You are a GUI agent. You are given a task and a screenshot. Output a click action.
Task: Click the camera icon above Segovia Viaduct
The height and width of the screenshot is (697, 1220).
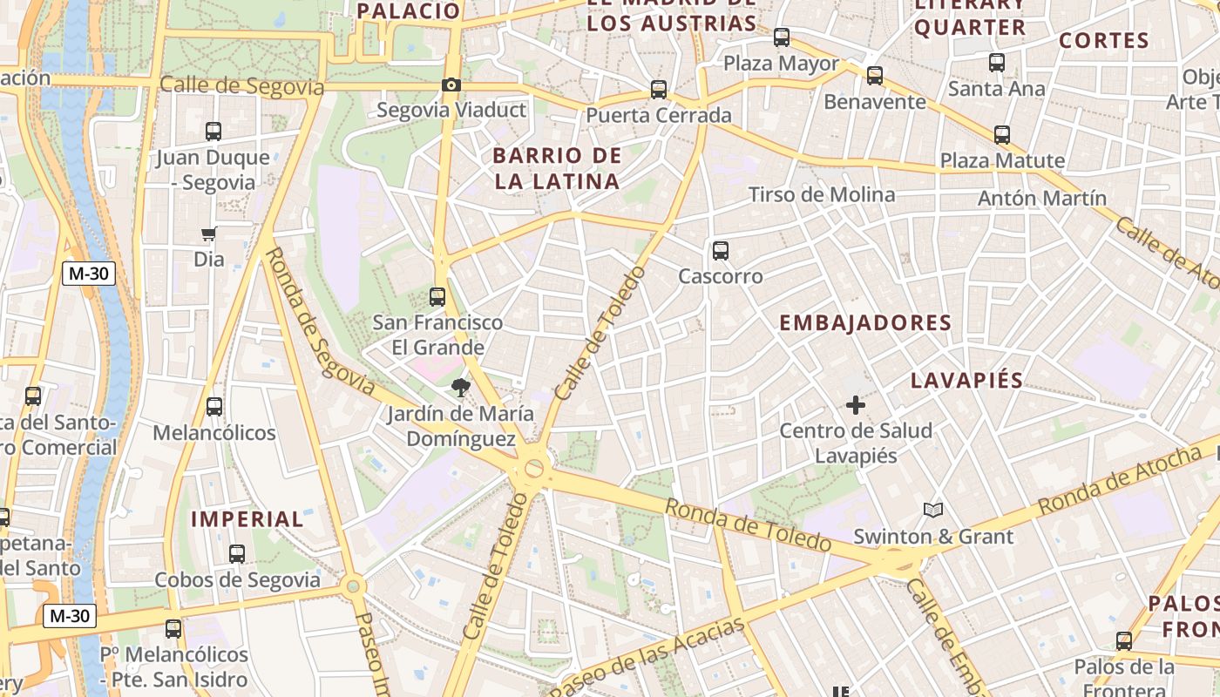click(451, 85)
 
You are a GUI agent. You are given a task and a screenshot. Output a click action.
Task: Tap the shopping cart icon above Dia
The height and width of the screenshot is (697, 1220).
click(208, 233)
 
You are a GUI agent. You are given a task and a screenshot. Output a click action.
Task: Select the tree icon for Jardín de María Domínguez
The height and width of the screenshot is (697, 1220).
click(460, 387)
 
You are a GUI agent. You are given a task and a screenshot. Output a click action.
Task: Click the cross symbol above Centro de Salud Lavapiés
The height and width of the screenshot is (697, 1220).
click(856, 404)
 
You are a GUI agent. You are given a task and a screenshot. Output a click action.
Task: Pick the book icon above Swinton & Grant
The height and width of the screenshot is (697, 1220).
click(933, 510)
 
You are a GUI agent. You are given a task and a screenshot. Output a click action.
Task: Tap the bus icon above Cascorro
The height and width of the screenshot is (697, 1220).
click(721, 251)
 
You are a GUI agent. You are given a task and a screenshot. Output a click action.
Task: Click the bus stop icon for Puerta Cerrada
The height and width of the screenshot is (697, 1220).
click(659, 89)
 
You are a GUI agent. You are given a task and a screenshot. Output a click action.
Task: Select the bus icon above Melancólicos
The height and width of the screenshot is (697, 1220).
click(214, 406)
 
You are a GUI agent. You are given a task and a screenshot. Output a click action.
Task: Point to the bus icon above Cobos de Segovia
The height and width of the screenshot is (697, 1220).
click(237, 553)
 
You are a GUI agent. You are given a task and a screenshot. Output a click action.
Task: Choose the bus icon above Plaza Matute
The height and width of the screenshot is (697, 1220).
click(1002, 134)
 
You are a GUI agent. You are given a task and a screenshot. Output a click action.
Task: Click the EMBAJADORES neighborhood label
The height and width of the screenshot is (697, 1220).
click(864, 323)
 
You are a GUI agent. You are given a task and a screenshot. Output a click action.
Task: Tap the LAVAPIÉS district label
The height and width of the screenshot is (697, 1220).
click(966, 381)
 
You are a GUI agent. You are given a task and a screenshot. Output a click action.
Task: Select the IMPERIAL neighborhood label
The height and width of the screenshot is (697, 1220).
click(247, 519)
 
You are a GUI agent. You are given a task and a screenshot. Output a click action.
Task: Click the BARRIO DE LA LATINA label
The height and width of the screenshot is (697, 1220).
click(557, 169)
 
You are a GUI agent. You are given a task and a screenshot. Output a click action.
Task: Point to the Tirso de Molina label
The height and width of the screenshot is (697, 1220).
click(822, 194)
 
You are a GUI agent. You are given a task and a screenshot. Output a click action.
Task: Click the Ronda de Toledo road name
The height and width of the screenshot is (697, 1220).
click(749, 524)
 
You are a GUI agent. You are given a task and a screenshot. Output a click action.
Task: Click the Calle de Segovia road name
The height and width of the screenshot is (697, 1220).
click(241, 86)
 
